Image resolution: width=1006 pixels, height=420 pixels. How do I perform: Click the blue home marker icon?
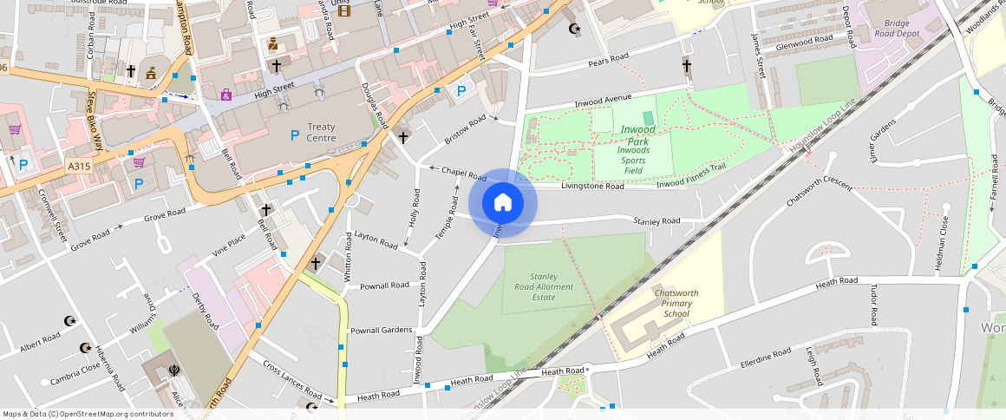pyautogui.click(x=503, y=203)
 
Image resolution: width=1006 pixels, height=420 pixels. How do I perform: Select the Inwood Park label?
pyautogui.click(x=638, y=135)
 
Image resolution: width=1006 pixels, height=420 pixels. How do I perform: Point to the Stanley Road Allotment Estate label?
pyautogui.click(x=544, y=286)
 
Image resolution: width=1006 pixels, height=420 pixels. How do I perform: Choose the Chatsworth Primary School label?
pyautogui.click(x=676, y=303)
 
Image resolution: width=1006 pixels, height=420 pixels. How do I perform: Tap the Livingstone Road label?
pyautogui.click(x=592, y=186)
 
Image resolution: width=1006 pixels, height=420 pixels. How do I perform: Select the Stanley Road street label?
pyautogui.click(x=657, y=221)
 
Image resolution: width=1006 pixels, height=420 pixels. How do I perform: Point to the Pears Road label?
pyautogui.click(x=608, y=59)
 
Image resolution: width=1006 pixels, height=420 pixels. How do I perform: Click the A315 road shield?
pyautogui.click(x=78, y=165)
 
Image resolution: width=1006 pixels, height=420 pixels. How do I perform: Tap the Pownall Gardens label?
pyautogui.click(x=381, y=331)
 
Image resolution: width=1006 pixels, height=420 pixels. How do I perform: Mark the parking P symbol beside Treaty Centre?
pyautogui.click(x=295, y=135)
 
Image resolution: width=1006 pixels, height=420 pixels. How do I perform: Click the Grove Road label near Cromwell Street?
pyautogui.click(x=91, y=237)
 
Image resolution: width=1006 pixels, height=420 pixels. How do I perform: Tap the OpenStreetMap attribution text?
pyautogui.click(x=88, y=414)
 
